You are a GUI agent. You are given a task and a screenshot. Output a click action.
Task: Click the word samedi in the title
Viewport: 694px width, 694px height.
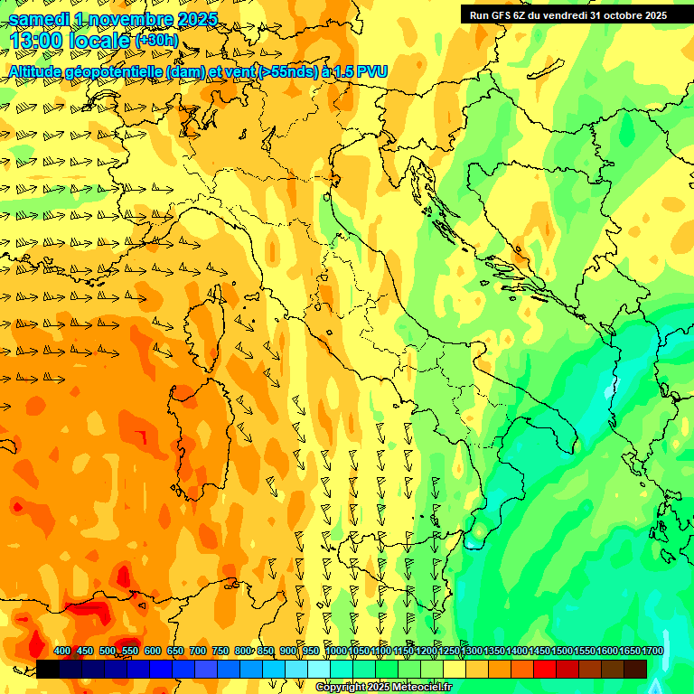tap(38, 19)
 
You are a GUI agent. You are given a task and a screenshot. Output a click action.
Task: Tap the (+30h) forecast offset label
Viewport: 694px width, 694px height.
tap(155, 41)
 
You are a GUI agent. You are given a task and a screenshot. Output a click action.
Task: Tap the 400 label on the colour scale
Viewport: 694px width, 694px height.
tap(62, 652)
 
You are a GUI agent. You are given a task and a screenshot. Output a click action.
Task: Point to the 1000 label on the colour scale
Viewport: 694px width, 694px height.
tap(335, 652)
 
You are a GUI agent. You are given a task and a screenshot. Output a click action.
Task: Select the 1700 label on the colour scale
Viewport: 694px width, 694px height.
tap(652, 652)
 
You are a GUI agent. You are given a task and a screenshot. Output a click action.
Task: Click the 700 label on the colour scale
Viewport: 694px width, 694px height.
tap(198, 652)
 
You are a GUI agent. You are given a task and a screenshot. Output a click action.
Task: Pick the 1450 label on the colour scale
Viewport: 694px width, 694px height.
tap(539, 652)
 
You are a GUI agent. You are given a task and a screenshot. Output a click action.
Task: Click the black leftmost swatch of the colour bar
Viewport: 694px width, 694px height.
tap(48, 669)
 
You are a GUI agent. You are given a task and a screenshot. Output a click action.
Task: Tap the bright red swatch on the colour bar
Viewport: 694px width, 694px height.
tap(545, 669)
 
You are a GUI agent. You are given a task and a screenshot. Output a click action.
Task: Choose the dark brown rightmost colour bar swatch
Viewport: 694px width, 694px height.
tap(635, 669)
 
